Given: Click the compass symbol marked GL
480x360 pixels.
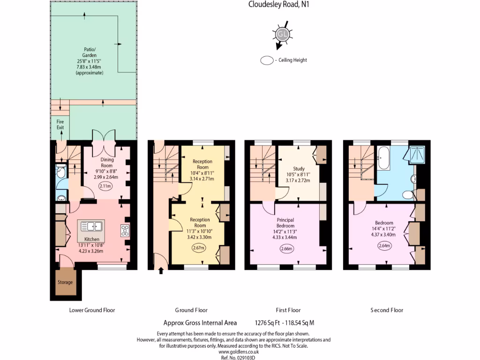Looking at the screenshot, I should (x=282, y=34).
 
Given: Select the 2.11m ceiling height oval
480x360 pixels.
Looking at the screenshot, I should (x=105, y=186).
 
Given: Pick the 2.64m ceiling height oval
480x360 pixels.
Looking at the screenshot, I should (x=384, y=245).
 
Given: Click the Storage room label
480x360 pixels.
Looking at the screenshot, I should (x=65, y=282).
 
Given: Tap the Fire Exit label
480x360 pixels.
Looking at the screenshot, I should (x=60, y=124).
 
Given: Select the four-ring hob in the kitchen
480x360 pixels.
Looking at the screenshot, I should (x=126, y=230).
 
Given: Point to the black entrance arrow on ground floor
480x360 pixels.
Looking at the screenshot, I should (x=162, y=270).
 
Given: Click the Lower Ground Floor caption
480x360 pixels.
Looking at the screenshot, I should (x=92, y=310).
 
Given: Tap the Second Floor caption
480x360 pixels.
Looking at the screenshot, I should (x=387, y=310).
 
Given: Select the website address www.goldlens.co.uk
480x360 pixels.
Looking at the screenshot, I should (x=239, y=351).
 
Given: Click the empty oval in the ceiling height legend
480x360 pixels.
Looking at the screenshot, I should (x=267, y=60).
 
